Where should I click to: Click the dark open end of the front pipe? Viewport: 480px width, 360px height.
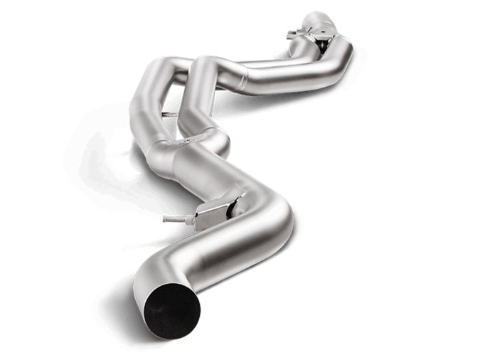point(171,308)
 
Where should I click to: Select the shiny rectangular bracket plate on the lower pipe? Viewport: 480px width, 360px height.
point(213,213)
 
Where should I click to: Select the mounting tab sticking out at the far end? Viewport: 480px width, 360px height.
point(293,34)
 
